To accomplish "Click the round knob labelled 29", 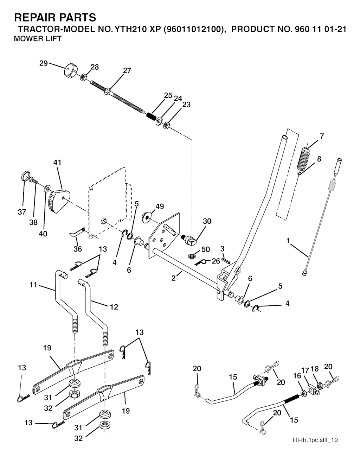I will click(70, 71).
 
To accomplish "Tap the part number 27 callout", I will click(127, 70).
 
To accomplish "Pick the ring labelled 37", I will click(25, 175).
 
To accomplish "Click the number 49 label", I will click(160, 207).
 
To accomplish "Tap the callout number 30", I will click(207, 221).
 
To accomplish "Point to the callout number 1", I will click(288, 241).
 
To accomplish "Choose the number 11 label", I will click(33, 285).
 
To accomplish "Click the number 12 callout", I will click(114, 307).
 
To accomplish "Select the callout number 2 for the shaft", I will click(173, 278).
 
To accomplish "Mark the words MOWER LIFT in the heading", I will click(37, 39).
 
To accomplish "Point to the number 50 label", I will click(205, 249).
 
